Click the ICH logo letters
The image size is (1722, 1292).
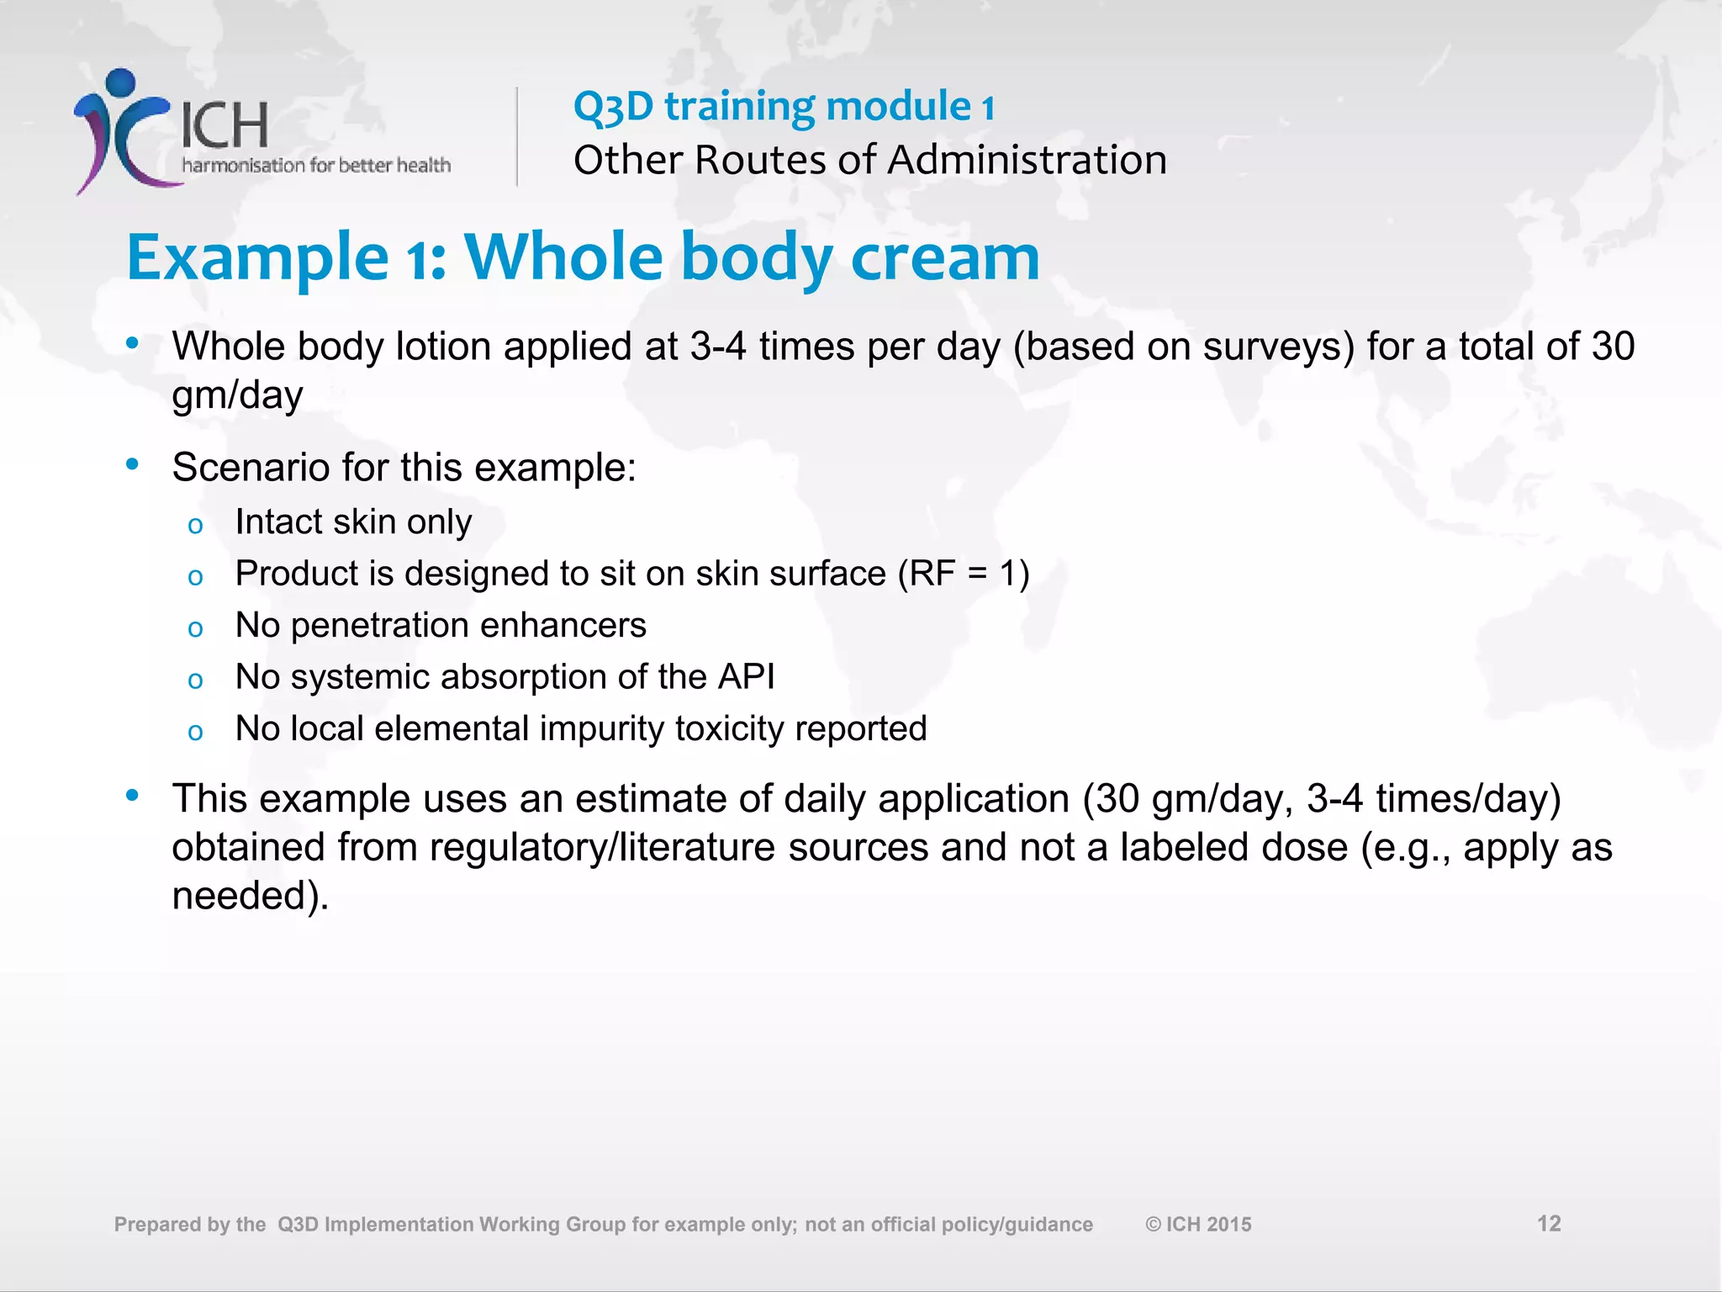pyautogui.click(x=224, y=125)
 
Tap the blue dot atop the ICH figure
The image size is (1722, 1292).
pyautogui.click(x=121, y=82)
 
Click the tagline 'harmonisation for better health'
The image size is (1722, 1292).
pyautogui.click(x=316, y=165)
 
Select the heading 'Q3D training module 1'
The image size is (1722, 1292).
pyautogui.click(x=784, y=107)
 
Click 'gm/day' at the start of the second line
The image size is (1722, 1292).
pyautogui.click(x=237, y=394)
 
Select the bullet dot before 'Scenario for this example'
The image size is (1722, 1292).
pyautogui.click(x=132, y=464)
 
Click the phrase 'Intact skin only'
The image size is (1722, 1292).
pyautogui.click(x=353, y=522)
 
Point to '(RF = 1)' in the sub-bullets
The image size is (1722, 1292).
pyautogui.click(x=964, y=574)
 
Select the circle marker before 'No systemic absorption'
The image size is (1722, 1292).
pyautogui.click(x=195, y=680)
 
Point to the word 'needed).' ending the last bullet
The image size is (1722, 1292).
pyautogui.click(x=250, y=896)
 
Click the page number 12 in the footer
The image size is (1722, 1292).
pyautogui.click(x=1549, y=1224)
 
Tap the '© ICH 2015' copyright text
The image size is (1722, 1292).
pyautogui.click(x=1198, y=1225)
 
